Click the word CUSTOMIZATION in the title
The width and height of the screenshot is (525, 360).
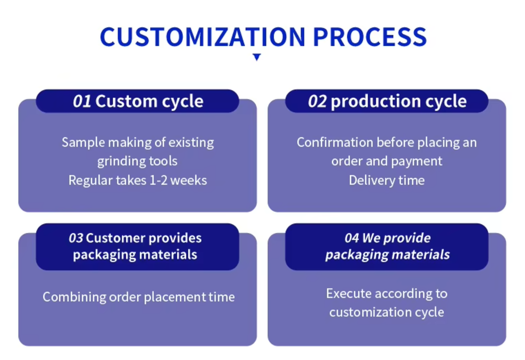(x=202, y=37)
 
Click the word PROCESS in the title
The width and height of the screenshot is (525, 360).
(x=370, y=37)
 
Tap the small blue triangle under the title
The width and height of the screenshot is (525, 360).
(x=257, y=57)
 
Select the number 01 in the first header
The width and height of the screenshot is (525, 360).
(x=82, y=101)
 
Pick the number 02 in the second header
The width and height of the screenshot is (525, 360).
(x=317, y=101)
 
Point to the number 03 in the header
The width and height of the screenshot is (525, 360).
(x=75, y=238)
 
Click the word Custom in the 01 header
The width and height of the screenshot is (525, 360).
(x=119, y=101)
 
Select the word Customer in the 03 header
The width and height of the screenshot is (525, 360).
(x=115, y=238)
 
